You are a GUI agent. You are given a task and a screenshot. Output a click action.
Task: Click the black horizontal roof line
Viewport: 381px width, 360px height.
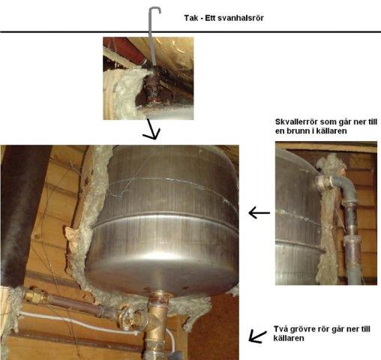pos(190,32)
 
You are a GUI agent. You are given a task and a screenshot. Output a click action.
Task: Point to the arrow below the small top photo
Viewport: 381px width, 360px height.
pos(152,130)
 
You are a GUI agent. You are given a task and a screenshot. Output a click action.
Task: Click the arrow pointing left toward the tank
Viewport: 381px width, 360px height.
pos(259,213)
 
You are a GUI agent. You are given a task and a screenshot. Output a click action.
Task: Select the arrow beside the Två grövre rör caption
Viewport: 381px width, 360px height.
pos(257,337)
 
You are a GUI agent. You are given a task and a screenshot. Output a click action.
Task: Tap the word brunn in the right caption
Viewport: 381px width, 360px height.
pos(298,131)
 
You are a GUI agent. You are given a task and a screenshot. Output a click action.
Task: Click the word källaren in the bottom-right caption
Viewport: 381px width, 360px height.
pos(289,338)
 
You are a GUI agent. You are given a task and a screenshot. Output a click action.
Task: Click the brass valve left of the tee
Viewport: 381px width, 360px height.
pos(129,317)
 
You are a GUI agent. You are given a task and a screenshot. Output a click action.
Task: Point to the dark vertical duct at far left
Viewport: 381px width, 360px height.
pos(24,215)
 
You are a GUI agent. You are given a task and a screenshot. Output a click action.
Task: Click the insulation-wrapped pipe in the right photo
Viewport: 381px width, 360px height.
pos(328,220)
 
